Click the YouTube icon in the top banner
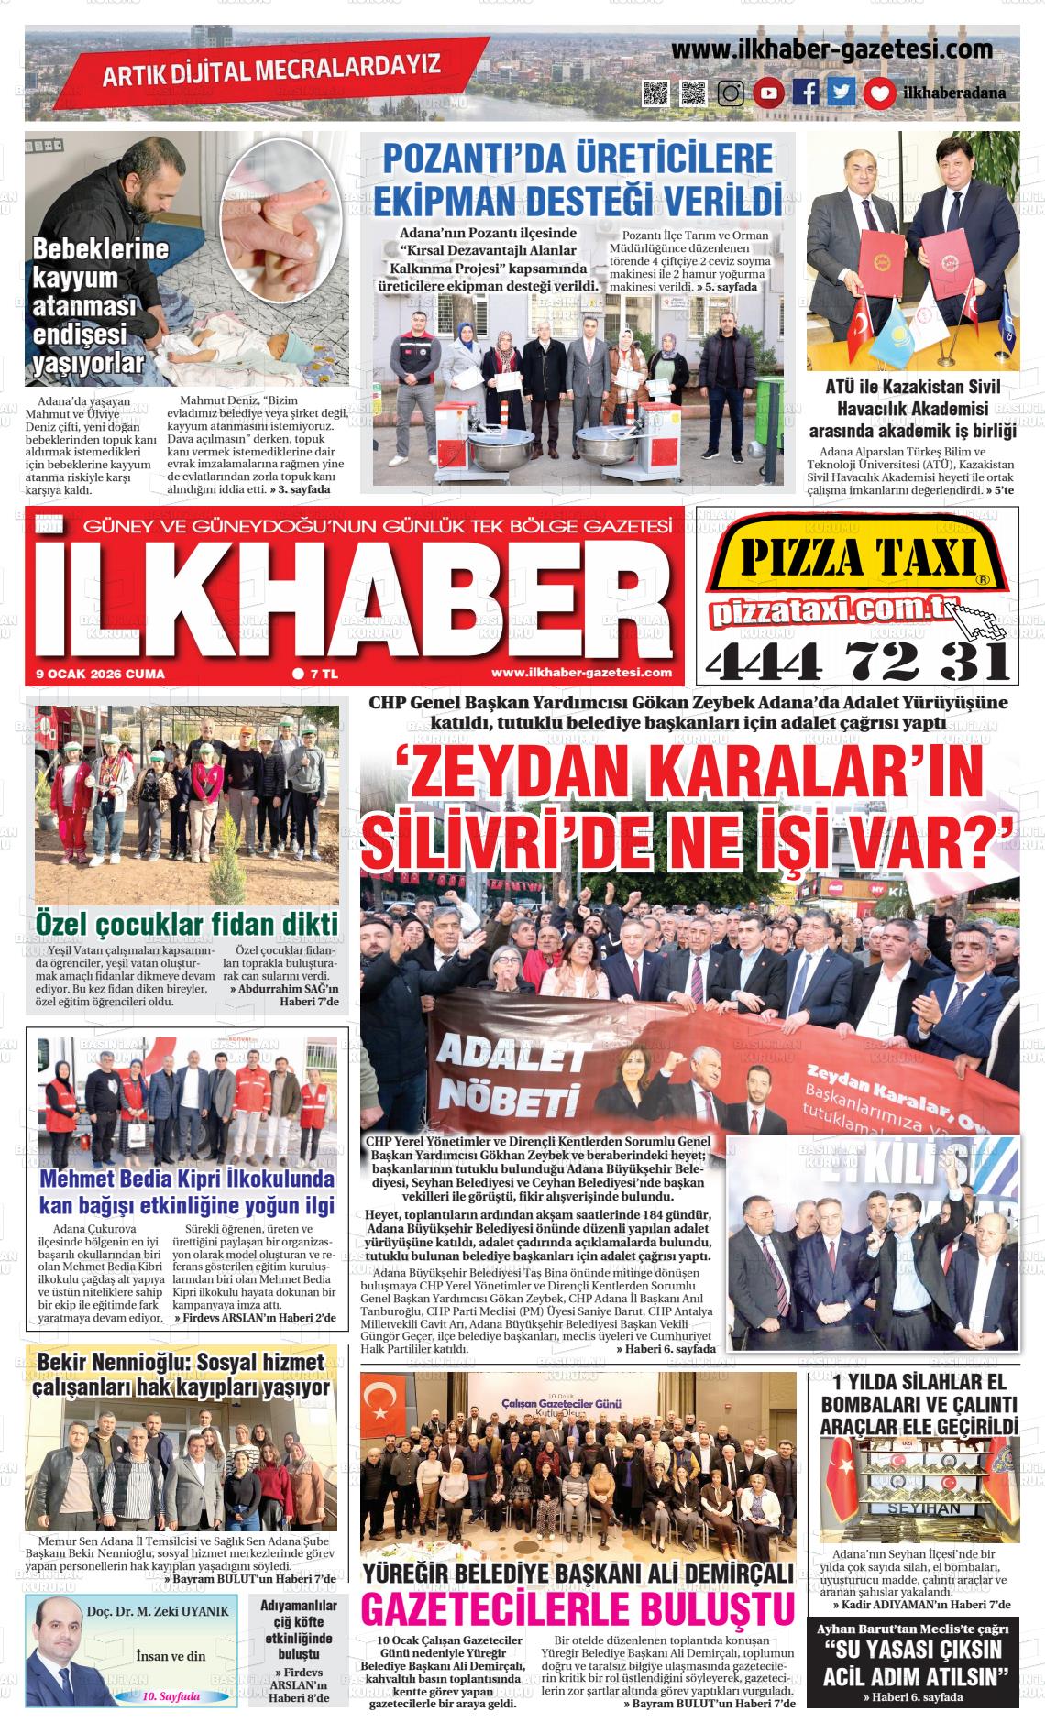tap(769, 93)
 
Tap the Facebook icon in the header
tap(806, 93)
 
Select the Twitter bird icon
tap(841, 93)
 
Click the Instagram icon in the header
tap(731, 93)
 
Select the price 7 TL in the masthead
tap(316, 674)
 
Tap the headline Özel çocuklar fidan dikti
tap(187, 922)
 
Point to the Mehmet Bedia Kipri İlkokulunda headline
tap(187, 1192)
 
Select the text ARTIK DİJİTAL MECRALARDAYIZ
tap(270, 70)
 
